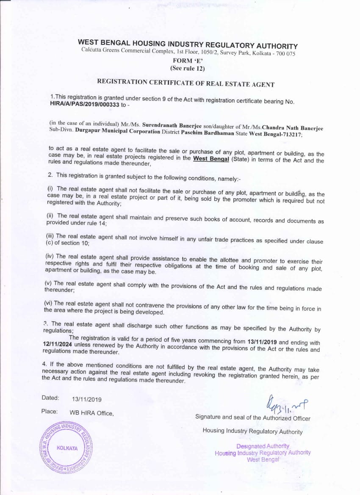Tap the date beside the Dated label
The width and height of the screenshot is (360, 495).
coord(87,399)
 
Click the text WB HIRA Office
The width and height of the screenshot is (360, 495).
coord(91,413)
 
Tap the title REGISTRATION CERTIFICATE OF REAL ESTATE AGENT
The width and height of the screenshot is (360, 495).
coord(186,83)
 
